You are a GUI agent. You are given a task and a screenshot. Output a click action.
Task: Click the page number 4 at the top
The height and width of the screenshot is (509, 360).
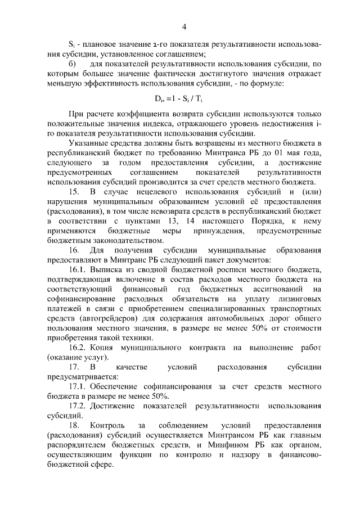pos(184,26)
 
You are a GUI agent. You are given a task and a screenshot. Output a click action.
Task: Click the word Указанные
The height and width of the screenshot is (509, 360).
pos(89,144)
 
